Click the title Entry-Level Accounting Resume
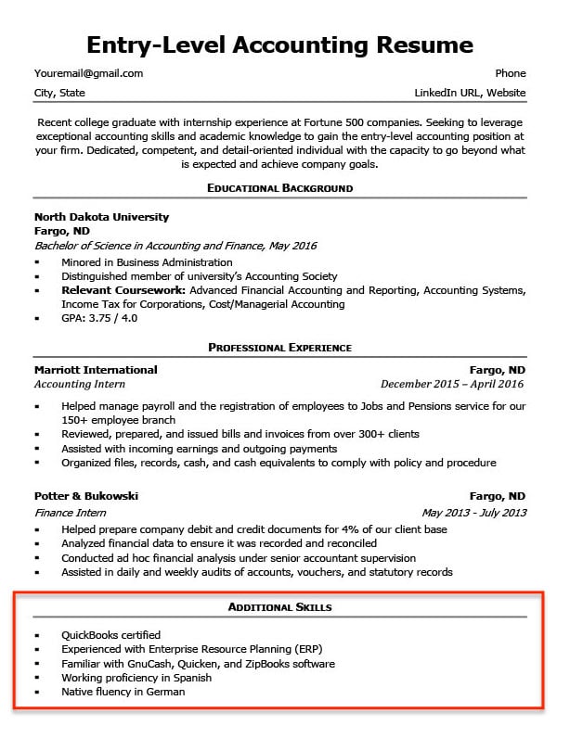(x=279, y=45)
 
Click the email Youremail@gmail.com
(x=88, y=73)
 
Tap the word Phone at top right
(x=510, y=73)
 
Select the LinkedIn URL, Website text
(x=470, y=93)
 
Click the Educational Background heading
(x=279, y=188)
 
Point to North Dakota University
(x=101, y=217)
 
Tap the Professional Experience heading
(x=279, y=348)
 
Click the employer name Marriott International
(x=96, y=370)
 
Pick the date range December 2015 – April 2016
(x=452, y=384)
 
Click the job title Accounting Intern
(x=79, y=384)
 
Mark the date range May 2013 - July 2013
(x=473, y=512)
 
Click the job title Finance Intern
(x=72, y=512)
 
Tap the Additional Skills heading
(x=279, y=607)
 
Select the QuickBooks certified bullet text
(x=110, y=635)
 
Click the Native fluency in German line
(x=123, y=692)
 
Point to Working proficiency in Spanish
(x=132, y=678)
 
